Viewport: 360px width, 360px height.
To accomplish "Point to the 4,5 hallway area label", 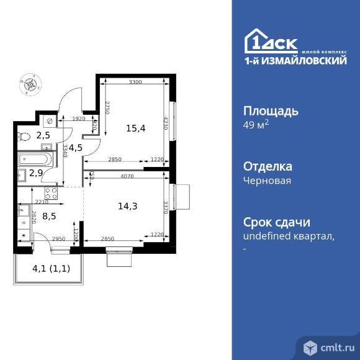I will (74, 148).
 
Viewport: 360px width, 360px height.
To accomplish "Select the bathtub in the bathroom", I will (38, 158).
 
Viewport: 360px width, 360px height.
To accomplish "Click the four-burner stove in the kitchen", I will (51, 192).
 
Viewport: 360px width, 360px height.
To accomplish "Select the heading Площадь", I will (270, 112).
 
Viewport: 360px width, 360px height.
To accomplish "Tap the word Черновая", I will (265, 181).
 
